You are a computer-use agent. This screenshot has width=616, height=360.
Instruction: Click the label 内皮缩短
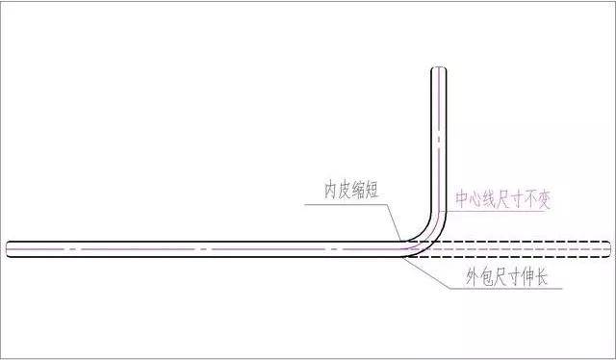tap(352, 189)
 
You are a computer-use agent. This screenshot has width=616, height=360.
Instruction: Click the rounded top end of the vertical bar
tap(438, 70)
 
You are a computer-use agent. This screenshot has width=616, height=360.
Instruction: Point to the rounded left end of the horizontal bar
tap(9, 248)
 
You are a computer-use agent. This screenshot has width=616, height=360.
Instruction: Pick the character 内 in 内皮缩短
tap(331, 189)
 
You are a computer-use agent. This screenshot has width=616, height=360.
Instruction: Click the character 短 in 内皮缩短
tap(374, 189)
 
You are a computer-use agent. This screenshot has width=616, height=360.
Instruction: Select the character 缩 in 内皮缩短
tap(360, 189)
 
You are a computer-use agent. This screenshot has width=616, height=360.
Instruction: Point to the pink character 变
tap(546, 201)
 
